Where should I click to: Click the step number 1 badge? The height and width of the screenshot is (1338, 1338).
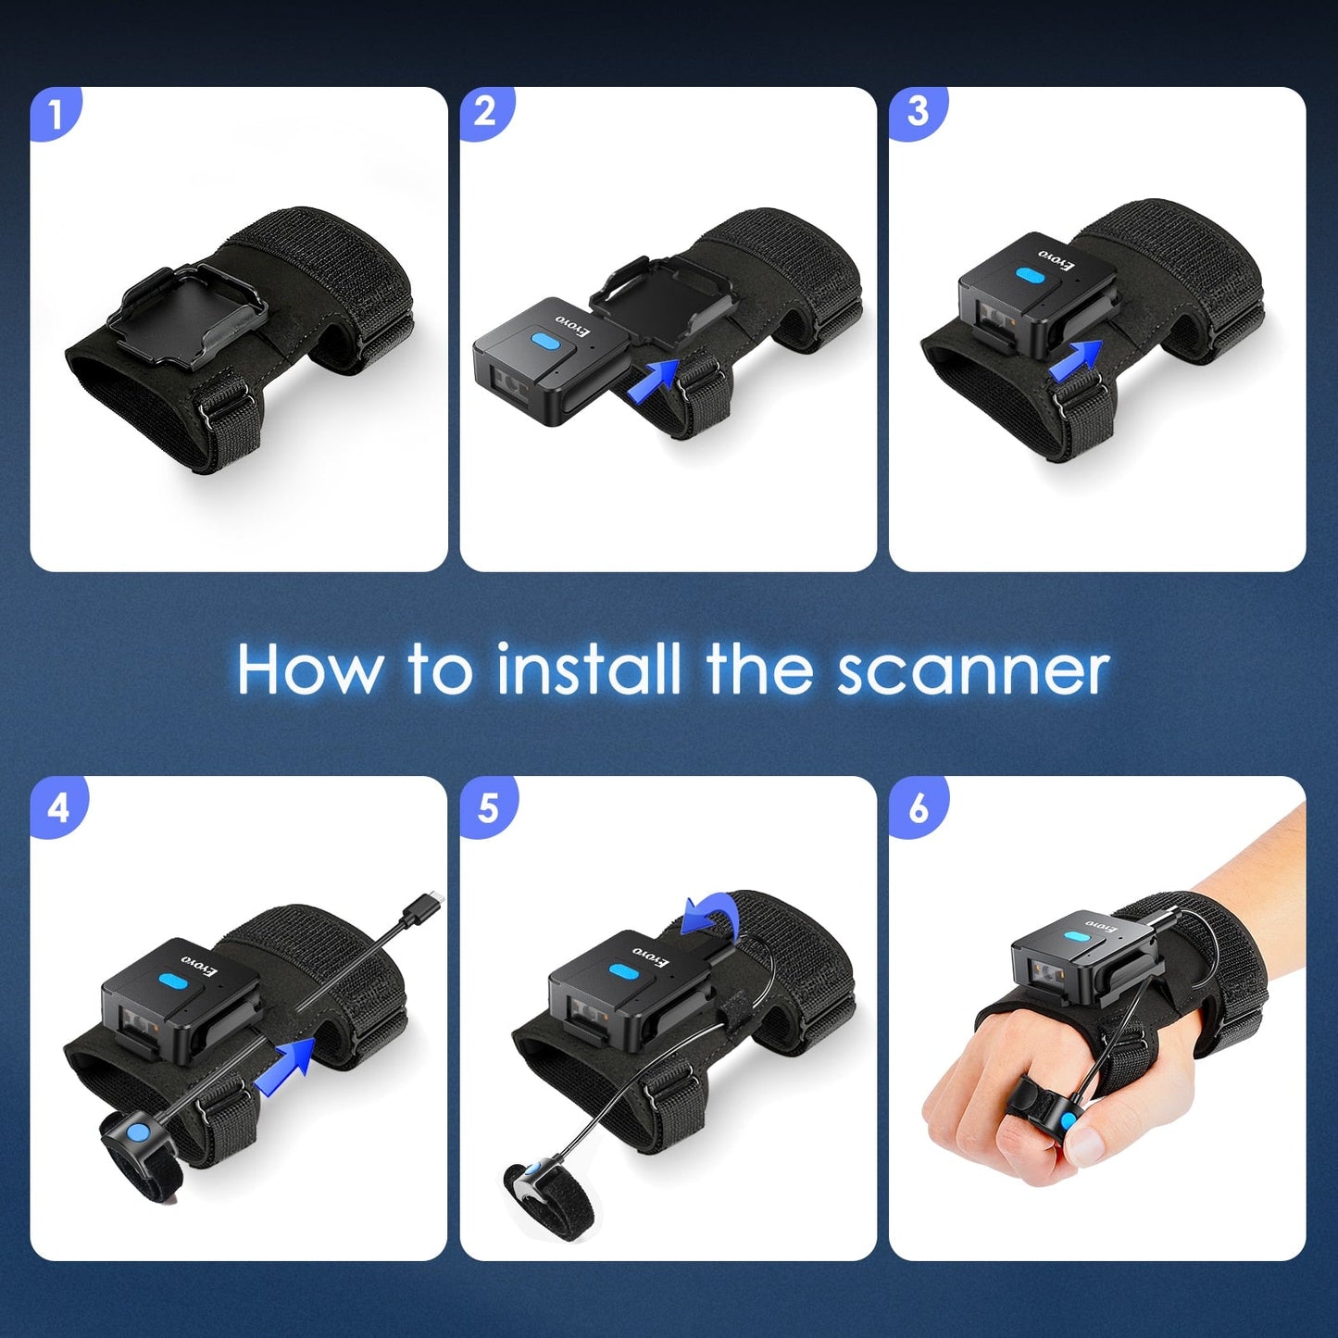pos(56,114)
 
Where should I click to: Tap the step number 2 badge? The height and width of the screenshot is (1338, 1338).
pos(485,113)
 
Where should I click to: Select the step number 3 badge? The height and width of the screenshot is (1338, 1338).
pos(917,113)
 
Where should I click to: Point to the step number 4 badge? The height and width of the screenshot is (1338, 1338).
pos(57,807)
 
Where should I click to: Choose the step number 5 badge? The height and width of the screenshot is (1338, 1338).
pos(487,807)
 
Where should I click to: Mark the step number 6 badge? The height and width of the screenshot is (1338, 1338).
pos(918,807)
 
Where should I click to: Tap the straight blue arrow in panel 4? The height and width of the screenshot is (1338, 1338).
pos(288,1065)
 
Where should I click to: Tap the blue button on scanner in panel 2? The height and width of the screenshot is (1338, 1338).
pos(545,341)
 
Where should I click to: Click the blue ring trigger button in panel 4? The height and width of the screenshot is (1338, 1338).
pos(137,1132)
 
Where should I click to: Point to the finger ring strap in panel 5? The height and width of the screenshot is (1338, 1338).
pos(551,1200)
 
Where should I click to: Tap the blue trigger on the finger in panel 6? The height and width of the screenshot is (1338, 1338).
pos(1069,1121)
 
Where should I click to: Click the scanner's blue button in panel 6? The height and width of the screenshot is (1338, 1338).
pos(1077,937)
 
